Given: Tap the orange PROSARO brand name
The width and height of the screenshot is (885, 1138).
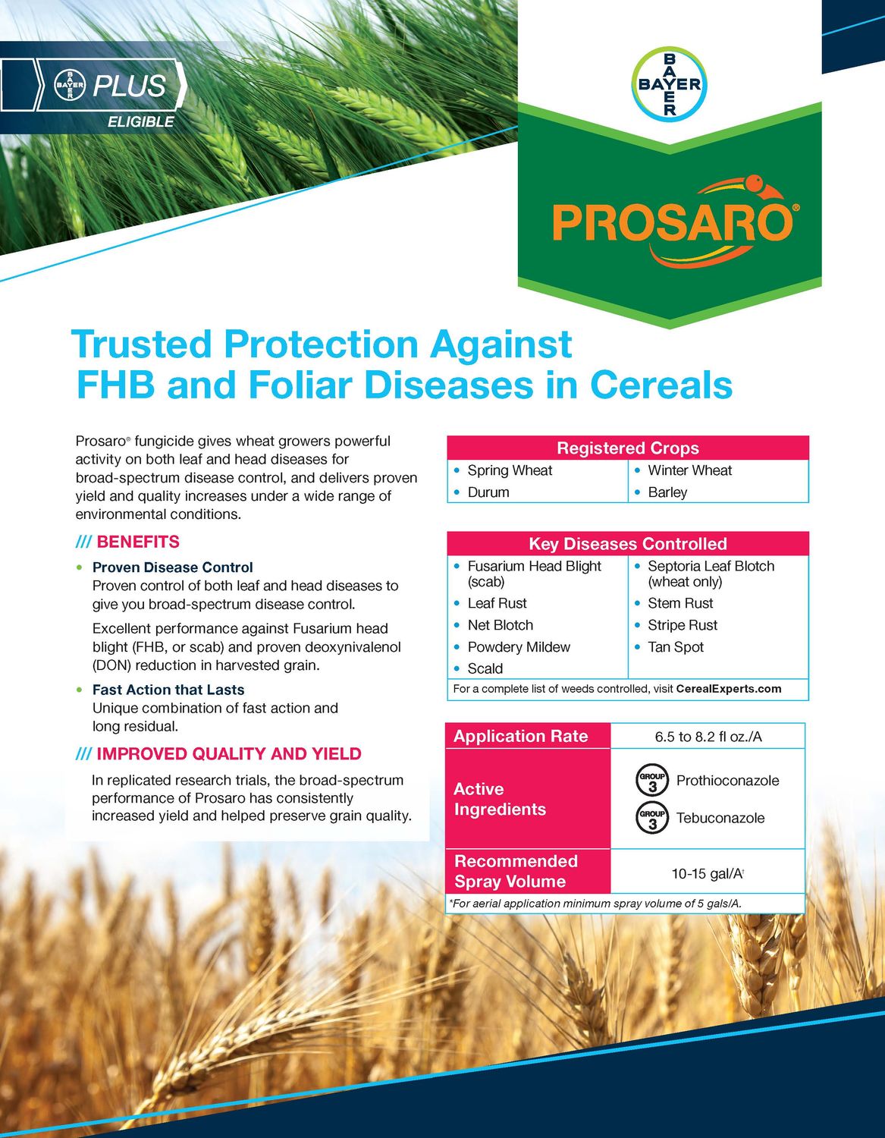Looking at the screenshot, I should coord(672,222).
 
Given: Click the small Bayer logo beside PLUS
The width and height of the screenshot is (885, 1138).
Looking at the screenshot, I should coord(71,86).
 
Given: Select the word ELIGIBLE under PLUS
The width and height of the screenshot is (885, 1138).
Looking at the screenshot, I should coord(140,122).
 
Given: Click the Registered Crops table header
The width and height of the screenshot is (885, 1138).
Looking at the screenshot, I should coord(627,448).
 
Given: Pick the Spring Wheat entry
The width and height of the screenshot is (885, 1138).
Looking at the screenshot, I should coord(510,470).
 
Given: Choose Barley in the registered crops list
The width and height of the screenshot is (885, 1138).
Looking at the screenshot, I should coord(667,492).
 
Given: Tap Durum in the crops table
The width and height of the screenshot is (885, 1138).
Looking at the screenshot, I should coord(488,492).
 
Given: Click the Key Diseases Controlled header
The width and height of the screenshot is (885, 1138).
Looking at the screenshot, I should coord(627,544).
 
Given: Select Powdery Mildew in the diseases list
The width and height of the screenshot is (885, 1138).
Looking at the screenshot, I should coord(519,647).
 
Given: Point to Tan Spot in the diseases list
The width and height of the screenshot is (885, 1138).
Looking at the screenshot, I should coord(676,647).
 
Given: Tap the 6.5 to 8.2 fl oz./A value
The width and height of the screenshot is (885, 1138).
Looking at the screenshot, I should coord(708,737).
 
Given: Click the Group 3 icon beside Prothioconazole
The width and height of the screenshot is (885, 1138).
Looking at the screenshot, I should coord(651,781).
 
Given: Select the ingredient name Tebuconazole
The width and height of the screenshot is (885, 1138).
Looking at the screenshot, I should coord(720,818).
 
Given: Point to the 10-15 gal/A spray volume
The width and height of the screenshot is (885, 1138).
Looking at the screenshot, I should coord(707,873).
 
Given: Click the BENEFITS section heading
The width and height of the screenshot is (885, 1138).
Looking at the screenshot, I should coord(138,542).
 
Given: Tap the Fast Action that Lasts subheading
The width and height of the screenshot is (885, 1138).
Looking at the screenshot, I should coord(168,690).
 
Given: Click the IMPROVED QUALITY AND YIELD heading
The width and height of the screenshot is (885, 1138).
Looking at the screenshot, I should coord(228,754).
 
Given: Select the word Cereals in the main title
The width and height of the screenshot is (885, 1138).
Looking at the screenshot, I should coord(661,385).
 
